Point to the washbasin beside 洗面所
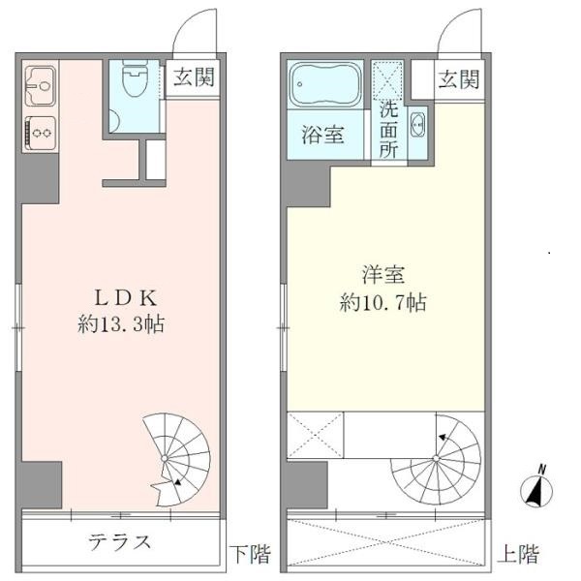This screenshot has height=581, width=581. [417, 124]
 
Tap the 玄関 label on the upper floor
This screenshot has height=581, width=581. [457, 79]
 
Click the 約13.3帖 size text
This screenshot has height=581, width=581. [121, 325]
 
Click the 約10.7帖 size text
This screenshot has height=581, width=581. [383, 302]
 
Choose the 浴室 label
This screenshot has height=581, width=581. [323, 135]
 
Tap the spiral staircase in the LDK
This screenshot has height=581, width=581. [176, 451]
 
